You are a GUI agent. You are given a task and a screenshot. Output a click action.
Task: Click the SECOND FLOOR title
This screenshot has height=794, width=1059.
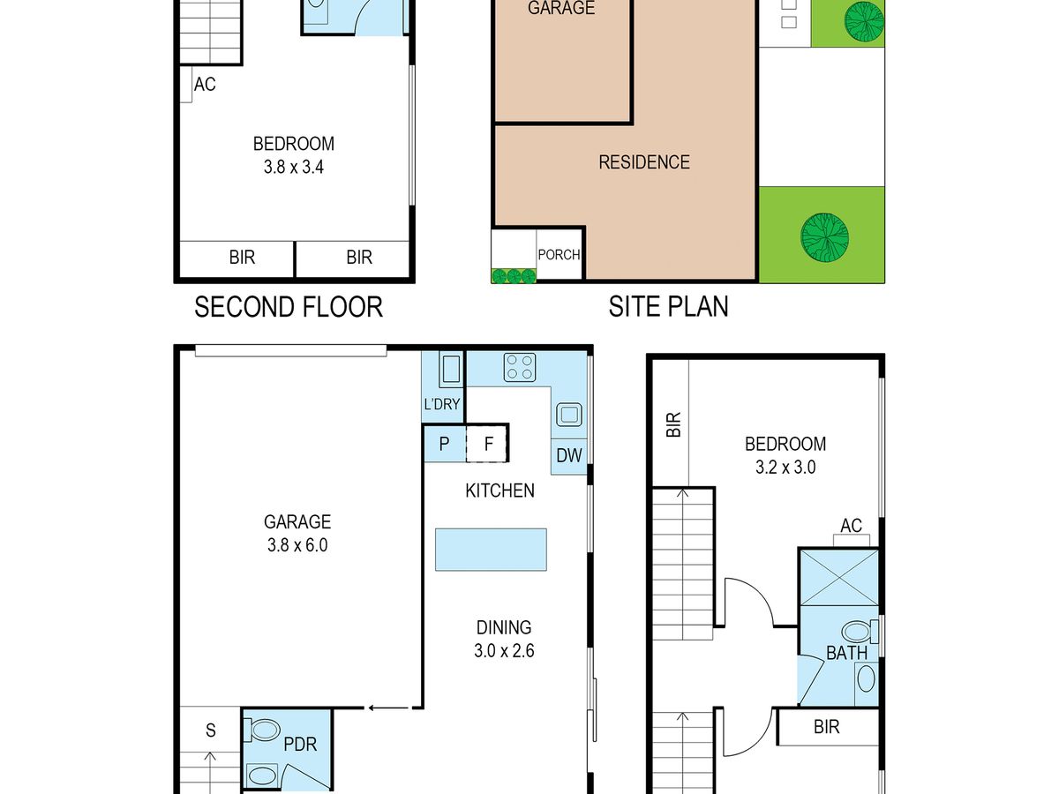coord(289,307)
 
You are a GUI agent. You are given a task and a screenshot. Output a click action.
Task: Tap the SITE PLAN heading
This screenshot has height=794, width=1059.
coord(668,306)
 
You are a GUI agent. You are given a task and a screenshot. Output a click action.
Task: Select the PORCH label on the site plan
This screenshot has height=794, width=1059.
coord(559,255)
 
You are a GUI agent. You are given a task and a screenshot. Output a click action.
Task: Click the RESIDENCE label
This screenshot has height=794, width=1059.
coord(644,162)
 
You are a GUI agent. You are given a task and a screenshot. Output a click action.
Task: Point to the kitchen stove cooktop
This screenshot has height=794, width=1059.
coord(520,367)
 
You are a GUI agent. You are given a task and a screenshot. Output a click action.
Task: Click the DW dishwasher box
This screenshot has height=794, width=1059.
coord(569,456)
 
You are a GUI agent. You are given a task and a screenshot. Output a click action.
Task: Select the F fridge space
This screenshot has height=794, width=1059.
coord(487,444)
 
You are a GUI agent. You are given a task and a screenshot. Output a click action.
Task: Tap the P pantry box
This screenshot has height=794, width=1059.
coord(445,444)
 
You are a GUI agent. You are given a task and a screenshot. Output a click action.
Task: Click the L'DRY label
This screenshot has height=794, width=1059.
coord(442,404)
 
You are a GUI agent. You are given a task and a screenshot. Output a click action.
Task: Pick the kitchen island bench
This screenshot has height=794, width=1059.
coord(491,550)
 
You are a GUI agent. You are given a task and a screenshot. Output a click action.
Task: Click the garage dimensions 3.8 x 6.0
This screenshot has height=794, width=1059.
coord(297,544)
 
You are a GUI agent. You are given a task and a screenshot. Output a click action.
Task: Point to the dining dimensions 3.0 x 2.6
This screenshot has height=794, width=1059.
coord(504,651)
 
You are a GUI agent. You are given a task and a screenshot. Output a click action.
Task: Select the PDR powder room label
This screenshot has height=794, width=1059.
coord(300,745)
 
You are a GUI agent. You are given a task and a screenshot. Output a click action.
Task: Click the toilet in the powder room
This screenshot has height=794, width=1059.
coord(262,730)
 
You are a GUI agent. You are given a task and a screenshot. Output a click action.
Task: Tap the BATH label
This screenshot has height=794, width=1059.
coord(846,653)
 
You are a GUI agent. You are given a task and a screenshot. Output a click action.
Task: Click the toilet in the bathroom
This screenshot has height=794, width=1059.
coord(860,632)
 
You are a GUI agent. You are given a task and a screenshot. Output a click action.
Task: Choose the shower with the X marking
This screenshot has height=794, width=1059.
coord(839,578)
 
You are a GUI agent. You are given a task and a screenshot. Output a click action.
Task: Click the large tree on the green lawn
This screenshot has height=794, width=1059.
coord(824,237)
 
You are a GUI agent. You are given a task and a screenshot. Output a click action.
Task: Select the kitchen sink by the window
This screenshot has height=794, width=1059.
coord(569,415)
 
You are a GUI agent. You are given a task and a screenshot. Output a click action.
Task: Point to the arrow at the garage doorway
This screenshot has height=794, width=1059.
coord(389,708)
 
